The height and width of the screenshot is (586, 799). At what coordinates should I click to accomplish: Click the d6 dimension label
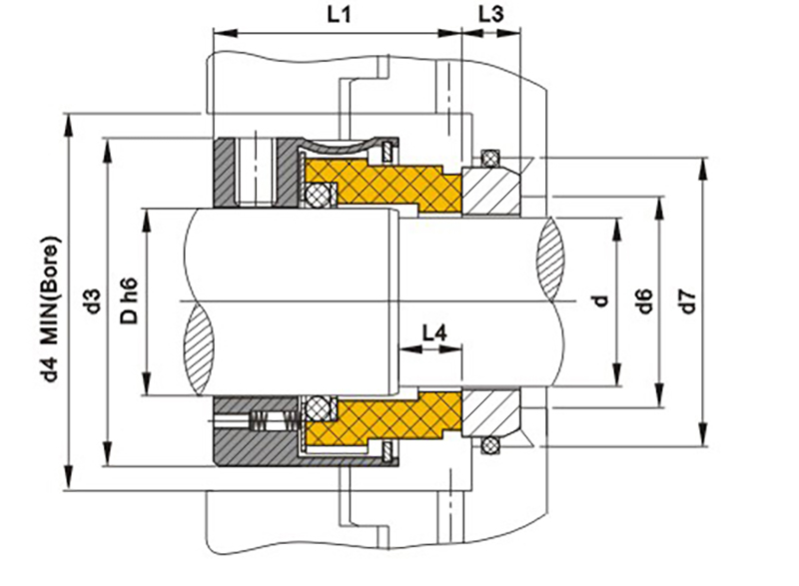click(x=645, y=300)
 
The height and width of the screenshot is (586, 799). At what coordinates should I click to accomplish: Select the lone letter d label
click(x=600, y=300)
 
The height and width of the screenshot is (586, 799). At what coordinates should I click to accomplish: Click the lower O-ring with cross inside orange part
click(x=320, y=407)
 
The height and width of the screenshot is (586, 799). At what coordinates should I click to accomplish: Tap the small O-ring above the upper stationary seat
click(x=489, y=157)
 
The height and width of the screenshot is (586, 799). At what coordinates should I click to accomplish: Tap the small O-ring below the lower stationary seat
click(x=489, y=442)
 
